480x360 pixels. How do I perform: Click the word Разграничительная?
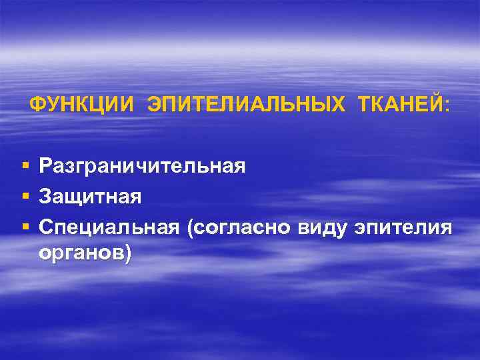pos(142,165)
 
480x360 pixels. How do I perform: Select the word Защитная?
pos(90,197)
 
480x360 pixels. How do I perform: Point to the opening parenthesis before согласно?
pos(191,229)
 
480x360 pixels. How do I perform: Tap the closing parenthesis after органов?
pos(127,254)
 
